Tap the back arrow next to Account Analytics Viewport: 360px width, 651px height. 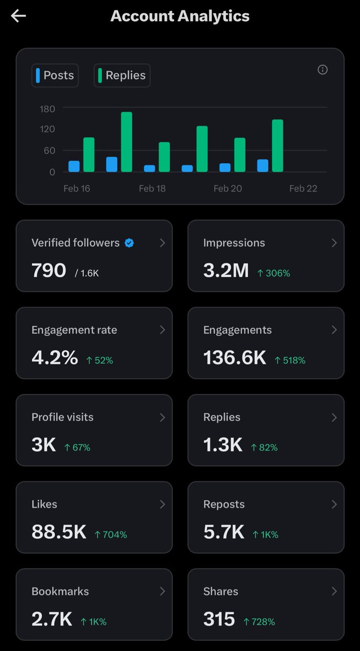(18, 16)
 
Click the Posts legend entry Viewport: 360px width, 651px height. (55, 75)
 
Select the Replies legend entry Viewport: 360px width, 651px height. (122, 75)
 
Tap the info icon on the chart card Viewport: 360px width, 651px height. (323, 69)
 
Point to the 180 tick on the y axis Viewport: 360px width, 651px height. (48, 108)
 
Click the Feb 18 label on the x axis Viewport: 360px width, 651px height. (152, 189)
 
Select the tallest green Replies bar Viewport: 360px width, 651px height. (126, 142)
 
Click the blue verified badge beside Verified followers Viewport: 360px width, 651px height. (129, 243)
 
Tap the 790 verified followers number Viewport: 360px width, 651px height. (49, 270)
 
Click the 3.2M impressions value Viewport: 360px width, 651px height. (226, 270)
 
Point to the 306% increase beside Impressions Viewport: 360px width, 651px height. (274, 273)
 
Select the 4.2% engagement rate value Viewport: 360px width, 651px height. (54, 358)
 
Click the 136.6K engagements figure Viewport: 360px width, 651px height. (235, 358)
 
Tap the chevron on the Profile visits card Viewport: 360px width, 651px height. (162, 417)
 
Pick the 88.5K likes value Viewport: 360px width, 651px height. (59, 532)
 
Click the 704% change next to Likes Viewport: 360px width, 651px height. (111, 535)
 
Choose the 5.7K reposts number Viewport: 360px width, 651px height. (223, 532)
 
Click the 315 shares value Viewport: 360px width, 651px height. (219, 619)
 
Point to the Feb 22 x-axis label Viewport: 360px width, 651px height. (303, 189)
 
